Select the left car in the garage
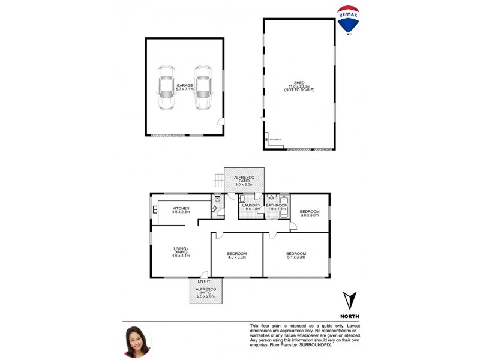click(x=165, y=88)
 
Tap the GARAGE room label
click(x=184, y=88)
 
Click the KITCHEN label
click(x=181, y=209)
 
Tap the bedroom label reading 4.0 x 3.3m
click(x=236, y=256)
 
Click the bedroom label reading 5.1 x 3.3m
click(x=296, y=256)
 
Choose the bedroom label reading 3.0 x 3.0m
click(x=310, y=212)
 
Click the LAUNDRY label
click(x=251, y=207)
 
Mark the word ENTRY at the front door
click(x=204, y=281)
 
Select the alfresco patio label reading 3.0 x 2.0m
click(x=244, y=180)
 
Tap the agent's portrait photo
click(x=137, y=341)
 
